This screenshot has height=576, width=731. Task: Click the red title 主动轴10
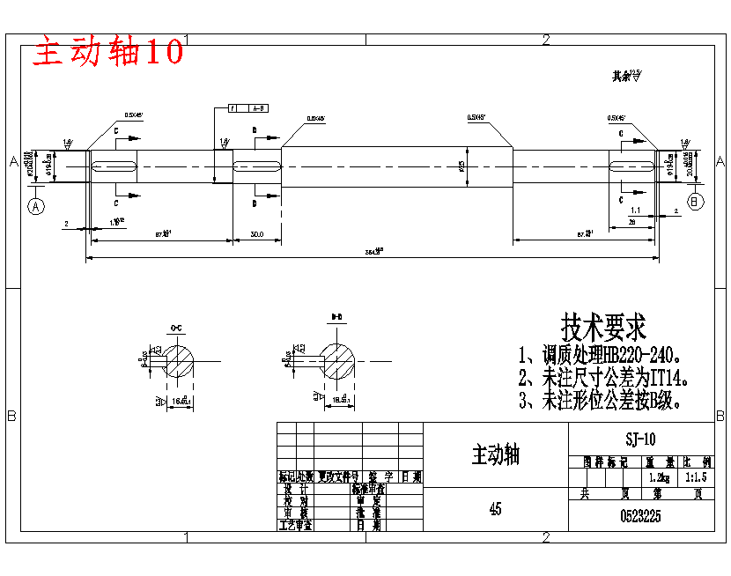108,52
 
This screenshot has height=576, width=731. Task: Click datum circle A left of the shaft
36,206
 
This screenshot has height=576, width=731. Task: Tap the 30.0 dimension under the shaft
256,233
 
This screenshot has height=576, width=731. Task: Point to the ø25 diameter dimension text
462,165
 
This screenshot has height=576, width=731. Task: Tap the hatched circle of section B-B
338,360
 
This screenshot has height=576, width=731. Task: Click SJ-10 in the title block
640,439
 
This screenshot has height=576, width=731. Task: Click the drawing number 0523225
641,516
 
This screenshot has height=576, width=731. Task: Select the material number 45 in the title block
496,509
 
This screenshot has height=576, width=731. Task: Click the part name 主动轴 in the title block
496,454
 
